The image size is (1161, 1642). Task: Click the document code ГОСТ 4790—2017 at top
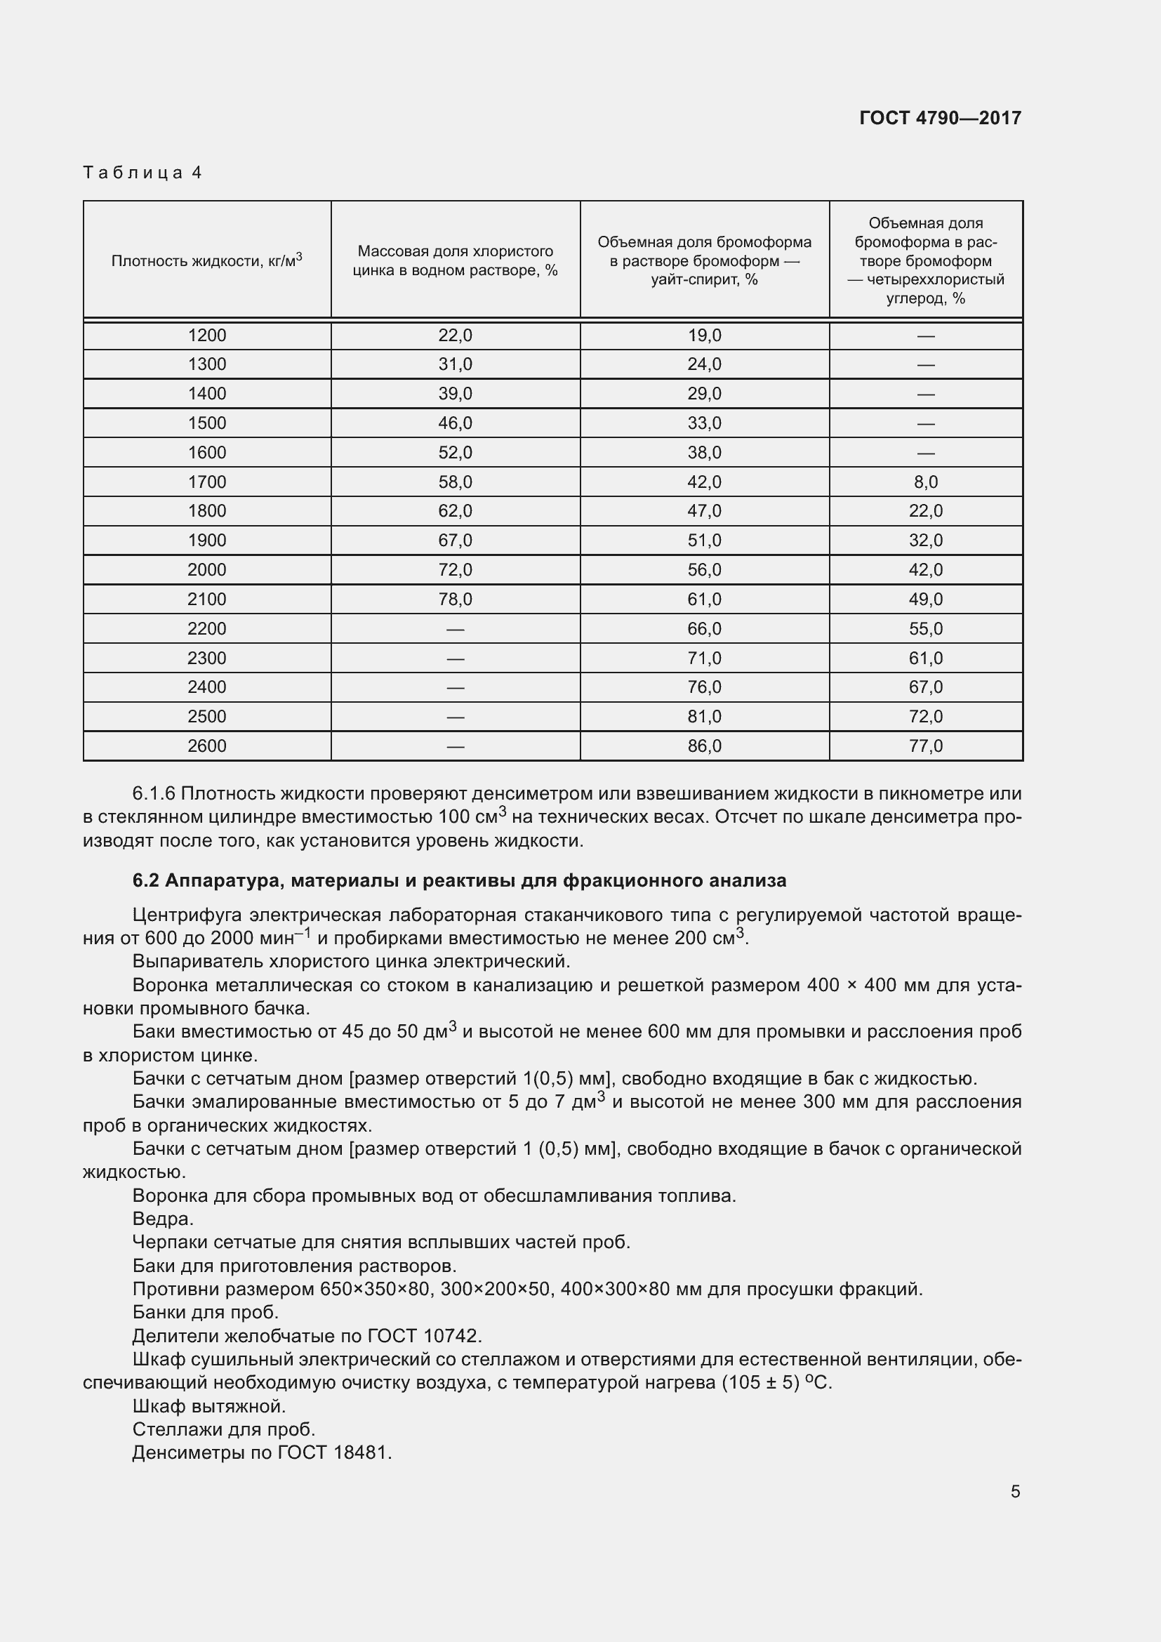point(940,118)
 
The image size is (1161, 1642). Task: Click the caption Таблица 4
point(143,173)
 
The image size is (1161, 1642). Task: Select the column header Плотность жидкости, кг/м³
point(206,260)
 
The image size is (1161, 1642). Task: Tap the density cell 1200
point(206,335)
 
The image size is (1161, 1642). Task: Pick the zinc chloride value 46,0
point(455,423)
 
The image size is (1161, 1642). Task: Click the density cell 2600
point(206,746)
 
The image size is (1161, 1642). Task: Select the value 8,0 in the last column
point(925,482)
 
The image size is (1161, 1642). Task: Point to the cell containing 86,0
point(704,746)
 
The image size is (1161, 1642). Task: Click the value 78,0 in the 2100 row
point(455,600)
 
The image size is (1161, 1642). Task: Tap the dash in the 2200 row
point(455,629)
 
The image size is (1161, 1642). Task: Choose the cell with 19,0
point(704,335)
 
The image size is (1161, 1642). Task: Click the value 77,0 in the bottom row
point(925,746)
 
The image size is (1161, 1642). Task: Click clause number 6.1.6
point(154,794)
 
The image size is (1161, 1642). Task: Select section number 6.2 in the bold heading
point(145,880)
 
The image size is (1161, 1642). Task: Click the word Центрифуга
point(184,915)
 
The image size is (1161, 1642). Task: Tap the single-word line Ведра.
point(163,1218)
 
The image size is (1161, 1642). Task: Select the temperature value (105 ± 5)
point(760,1382)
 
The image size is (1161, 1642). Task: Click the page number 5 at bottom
point(1015,1492)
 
